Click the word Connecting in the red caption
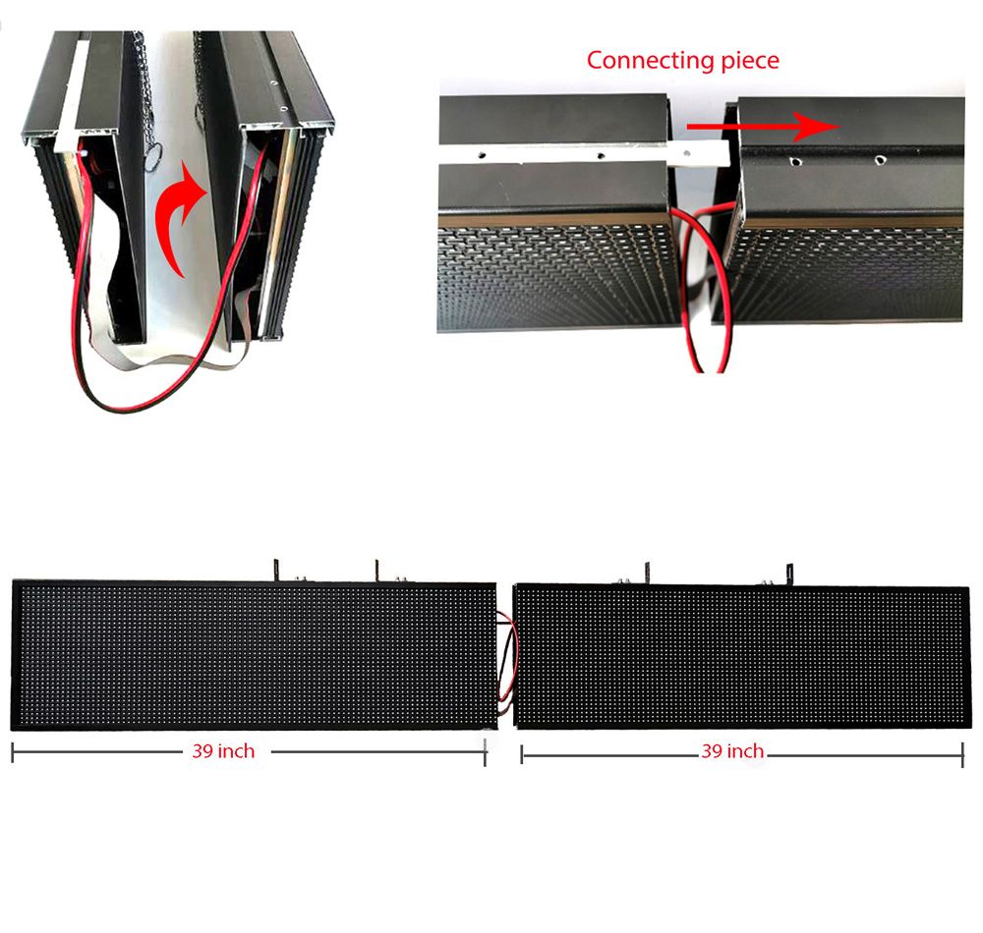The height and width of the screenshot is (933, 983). click(x=646, y=60)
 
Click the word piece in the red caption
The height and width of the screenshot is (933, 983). click(x=747, y=60)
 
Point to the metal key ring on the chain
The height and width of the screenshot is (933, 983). click(x=153, y=154)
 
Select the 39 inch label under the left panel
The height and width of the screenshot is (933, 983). click(x=223, y=751)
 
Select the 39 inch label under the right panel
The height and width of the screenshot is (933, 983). click(x=732, y=751)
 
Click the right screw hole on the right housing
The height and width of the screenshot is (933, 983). click(x=879, y=158)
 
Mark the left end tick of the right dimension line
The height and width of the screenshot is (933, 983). click(x=522, y=754)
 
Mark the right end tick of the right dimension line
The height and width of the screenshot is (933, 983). click(x=962, y=754)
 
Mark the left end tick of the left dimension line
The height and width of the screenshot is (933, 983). click(x=13, y=753)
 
